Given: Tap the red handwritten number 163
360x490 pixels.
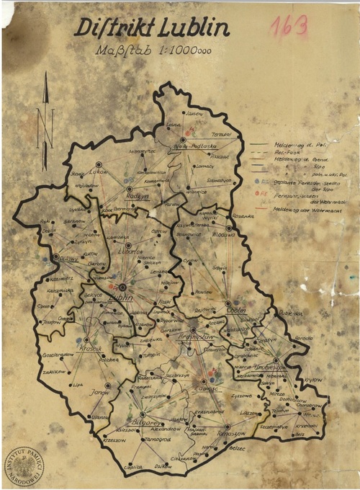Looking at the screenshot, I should click(289, 27).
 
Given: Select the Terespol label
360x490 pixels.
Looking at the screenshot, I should click(221, 135).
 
